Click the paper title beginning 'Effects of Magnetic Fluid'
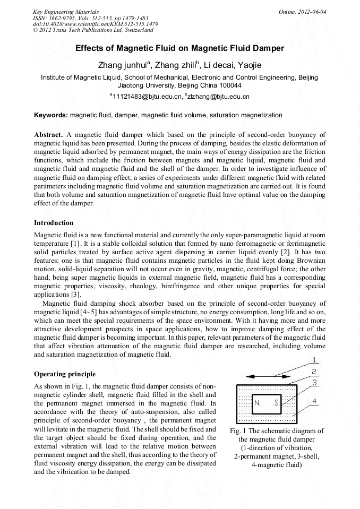(179, 48)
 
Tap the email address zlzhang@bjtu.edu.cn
(218, 97)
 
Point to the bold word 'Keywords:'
(51, 115)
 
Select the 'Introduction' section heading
(54, 222)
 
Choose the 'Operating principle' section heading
(65, 374)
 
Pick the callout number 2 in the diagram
(314, 372)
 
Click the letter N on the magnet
(257, 403)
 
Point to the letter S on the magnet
(276, 403)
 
